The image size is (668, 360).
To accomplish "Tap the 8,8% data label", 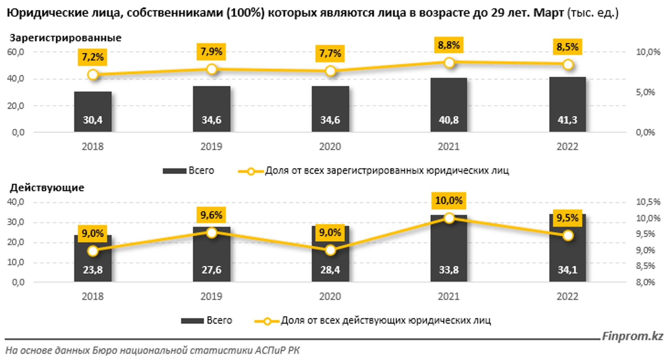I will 449,45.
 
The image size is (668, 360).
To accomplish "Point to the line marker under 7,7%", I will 330,71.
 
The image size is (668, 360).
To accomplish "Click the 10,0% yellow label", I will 449,201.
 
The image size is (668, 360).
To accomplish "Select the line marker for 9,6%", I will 212,233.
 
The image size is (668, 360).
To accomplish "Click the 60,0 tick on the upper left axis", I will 15,52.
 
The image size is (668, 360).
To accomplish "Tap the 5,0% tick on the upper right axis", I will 645,92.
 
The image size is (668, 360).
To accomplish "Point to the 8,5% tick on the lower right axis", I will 645,266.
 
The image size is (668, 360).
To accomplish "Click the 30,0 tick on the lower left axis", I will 15,222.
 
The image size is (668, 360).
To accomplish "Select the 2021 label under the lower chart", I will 449,296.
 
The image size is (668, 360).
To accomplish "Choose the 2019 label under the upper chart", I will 212,146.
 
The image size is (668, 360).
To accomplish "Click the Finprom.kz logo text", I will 632,336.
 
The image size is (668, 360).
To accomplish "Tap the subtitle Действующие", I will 47,188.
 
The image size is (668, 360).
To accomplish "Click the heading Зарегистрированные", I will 66,38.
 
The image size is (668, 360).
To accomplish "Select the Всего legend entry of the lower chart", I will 207,320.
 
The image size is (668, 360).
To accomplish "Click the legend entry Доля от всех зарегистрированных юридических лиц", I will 374,171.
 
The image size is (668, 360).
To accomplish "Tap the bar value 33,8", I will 449,270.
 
